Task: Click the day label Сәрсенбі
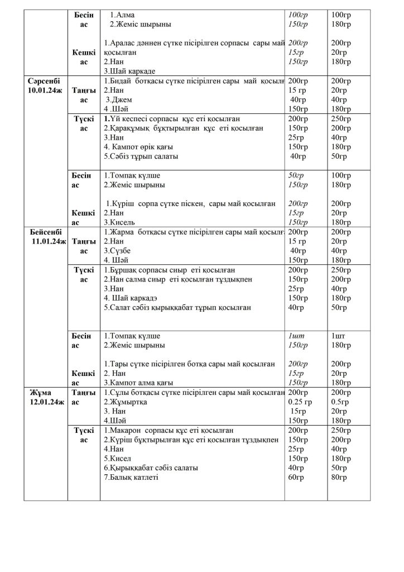pos(44,81)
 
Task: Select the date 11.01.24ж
pos(49,241)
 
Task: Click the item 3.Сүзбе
pos(118,251)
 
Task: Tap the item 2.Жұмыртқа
pos(125,402)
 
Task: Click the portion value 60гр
pos(297,478)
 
